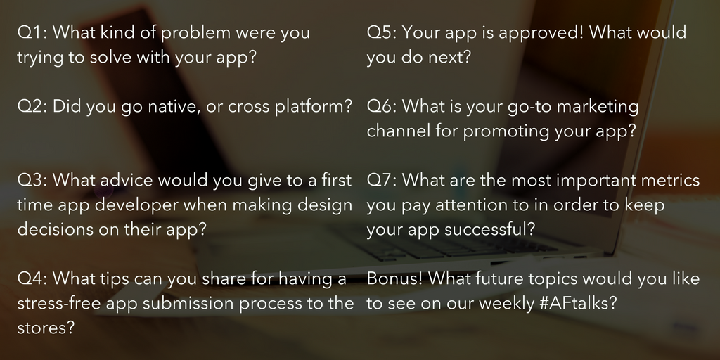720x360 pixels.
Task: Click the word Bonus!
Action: pyautogui.click(x=394, y=278)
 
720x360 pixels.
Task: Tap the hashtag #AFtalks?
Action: pyautogui.click(x=578, y=303)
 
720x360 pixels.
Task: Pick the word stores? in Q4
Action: pyautogui.click(x=46, y=328)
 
